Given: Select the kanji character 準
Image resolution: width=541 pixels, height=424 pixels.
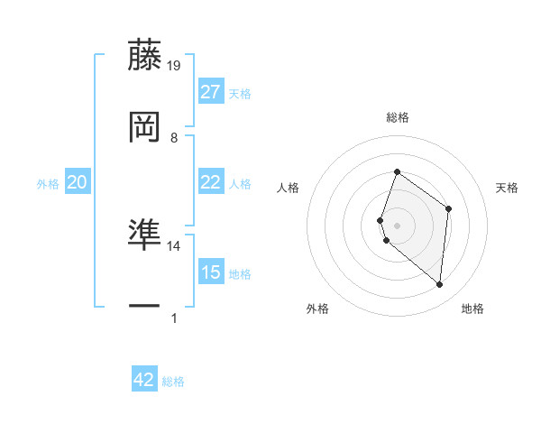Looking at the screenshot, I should (x=145, y=235).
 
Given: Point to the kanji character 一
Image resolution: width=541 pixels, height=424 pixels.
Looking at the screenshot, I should (x=145, y=307).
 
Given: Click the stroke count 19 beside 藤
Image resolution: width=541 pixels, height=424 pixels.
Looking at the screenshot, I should (x=175, y=66).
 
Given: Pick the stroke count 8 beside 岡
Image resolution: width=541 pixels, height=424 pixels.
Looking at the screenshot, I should (x=174, y=137).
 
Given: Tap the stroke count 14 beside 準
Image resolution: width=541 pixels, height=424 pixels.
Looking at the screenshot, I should (x=174, y=245).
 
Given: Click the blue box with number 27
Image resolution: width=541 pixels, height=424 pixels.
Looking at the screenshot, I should (x=211, y=92).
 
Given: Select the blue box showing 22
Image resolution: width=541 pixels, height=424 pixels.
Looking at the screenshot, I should (x=211, y=182).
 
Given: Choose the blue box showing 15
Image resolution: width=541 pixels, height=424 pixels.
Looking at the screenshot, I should (x=211, y=272).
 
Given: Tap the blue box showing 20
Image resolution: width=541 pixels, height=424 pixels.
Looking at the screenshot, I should (x=78, y=182).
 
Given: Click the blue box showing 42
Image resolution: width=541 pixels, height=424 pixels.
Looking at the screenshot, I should (x=144, y=380).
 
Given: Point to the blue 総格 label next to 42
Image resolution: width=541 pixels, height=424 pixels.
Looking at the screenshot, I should (x=174, y=382).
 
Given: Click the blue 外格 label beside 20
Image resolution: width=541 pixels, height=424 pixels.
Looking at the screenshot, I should (x=48, y=184).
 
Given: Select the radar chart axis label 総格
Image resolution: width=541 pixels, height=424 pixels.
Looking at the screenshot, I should (x=398, y=117).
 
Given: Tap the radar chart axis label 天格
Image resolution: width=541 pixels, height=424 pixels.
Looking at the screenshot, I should (x=507, y=188).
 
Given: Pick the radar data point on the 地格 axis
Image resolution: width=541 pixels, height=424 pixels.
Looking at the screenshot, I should (x=440, y=285).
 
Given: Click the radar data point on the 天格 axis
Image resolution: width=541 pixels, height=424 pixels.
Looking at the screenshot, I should (x=448, y=208).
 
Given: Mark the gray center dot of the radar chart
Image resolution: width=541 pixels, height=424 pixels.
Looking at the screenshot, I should (x=398, y=225).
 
